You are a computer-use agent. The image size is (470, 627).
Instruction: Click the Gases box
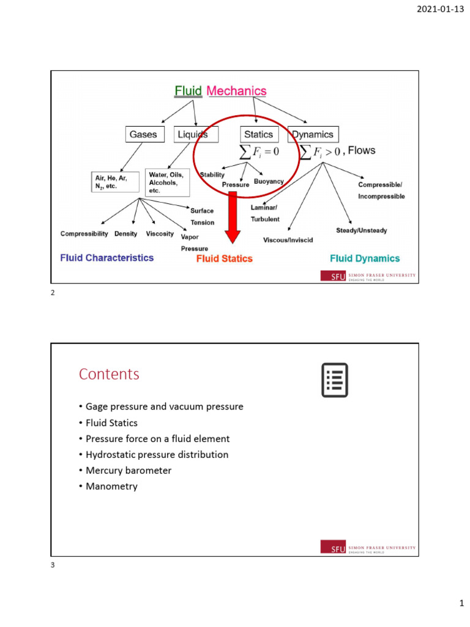pos(144,134)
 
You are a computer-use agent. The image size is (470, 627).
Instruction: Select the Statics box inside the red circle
pos(259,134)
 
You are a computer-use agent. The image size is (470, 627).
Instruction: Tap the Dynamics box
pos(313,134)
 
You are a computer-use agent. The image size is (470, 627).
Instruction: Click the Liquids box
pos(196,134)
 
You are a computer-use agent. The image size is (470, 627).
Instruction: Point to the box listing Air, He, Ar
pos(115,182)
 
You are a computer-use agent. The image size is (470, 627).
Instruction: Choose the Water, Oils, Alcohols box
pos(167,182)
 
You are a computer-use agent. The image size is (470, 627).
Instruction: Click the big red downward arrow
pos(233,217)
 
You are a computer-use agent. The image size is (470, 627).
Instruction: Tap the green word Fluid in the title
pos(188,91)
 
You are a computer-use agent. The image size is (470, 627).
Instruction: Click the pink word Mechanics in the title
pos(237,91)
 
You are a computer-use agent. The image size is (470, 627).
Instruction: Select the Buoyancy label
pos(269,181)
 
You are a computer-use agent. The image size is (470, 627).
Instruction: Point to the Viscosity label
pos(160,233)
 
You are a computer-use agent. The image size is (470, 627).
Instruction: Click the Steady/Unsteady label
pos(362,230)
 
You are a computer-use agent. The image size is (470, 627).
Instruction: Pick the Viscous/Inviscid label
pos(288,240)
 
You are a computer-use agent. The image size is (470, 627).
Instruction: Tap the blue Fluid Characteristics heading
pos(106,258)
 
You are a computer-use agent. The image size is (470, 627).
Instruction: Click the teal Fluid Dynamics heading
pos(365,258)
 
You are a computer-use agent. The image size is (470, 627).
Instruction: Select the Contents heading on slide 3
pos(109,374)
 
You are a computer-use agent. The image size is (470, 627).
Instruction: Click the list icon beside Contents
pos(335,380)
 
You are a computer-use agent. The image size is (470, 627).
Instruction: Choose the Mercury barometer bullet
pos(125,470)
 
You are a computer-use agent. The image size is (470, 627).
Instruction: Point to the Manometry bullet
pos(109,486)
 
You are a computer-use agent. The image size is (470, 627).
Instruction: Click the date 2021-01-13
pos(441,9)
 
